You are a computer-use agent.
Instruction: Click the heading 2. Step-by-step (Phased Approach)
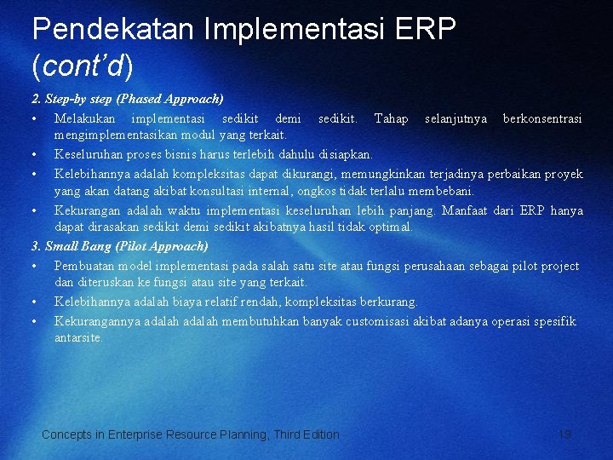128,99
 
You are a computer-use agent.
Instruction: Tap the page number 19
564,434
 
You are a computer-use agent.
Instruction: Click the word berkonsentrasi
542,118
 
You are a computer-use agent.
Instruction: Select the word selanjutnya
455,118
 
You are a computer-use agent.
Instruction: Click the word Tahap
391,118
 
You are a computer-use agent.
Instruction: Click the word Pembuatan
84,266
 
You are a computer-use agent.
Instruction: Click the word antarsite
77,337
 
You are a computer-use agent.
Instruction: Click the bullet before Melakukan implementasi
33,119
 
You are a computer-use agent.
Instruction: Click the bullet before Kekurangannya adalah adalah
33,322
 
